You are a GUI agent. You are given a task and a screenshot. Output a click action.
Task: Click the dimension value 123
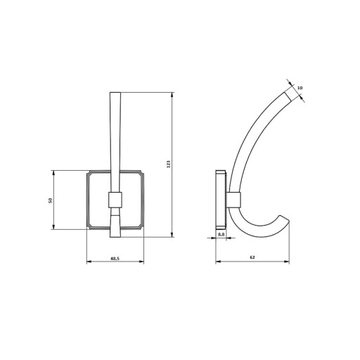pos(168,164)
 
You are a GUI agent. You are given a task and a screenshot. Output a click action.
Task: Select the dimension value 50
pos(50,200)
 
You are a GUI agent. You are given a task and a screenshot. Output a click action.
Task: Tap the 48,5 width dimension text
pos(115,258)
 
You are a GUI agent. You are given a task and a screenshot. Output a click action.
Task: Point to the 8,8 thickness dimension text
pos(221,234)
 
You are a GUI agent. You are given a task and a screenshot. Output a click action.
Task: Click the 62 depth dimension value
pos(252,257)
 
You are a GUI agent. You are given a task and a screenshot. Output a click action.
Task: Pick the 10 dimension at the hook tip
pos(300,88)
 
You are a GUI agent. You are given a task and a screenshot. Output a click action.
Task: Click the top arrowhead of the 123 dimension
pos(172,95)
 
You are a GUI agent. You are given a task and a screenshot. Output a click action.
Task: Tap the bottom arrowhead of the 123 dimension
pos(172,235)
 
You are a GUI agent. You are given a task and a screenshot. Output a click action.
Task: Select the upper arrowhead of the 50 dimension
pos(53,173)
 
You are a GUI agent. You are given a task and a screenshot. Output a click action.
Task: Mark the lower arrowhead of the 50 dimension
pos(53,226)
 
